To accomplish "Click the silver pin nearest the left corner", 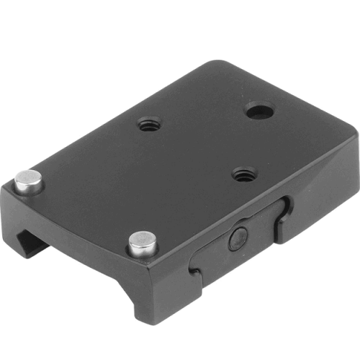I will (30, 181).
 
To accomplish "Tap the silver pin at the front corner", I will (143, 243).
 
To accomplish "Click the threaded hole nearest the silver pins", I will (148, 124).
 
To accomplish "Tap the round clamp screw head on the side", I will (238, 238).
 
